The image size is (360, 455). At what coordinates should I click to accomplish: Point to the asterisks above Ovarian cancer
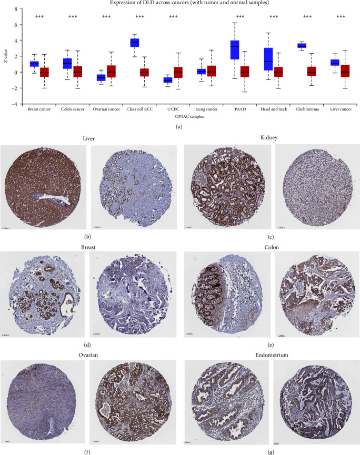point(106,17)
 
